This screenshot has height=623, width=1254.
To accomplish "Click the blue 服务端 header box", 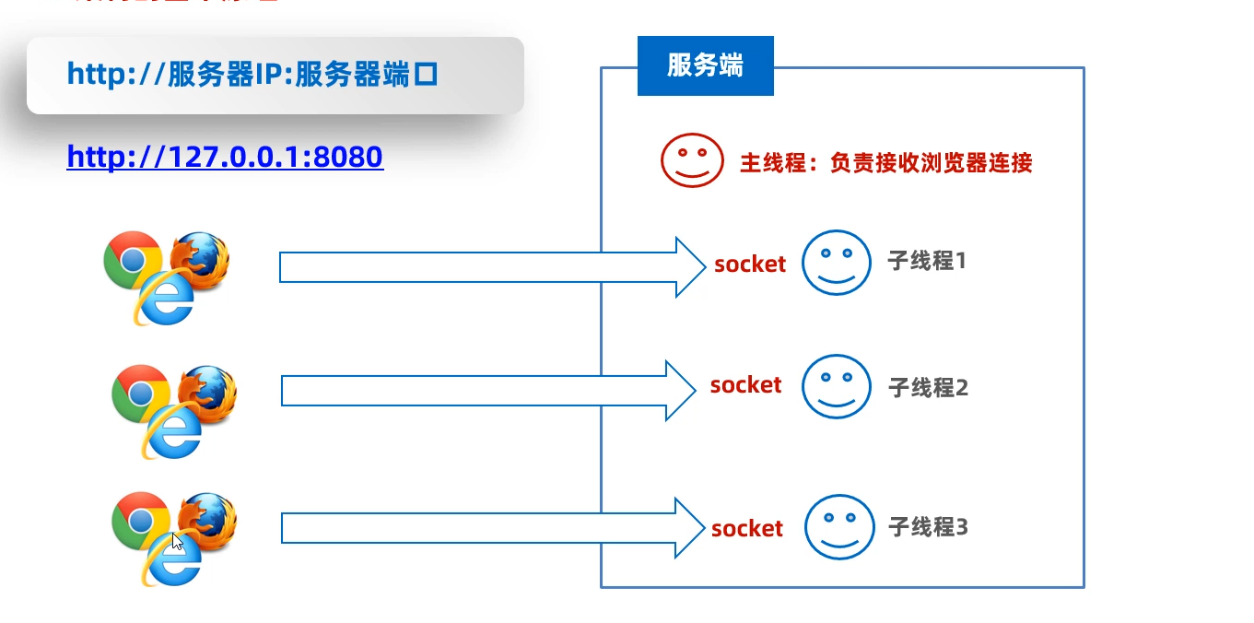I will pyautogui.click(x=705, y=66).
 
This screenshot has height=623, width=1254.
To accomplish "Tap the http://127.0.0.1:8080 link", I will pyautogui.click(x=225, y=157).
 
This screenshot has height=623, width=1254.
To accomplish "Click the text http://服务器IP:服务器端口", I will pyautogui.click(x=252, y=75).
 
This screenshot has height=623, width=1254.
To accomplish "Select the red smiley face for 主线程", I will pyautogui.click(x=692, y=161).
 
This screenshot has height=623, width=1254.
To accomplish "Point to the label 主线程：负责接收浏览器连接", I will pyautogui.click(x=885, y=163).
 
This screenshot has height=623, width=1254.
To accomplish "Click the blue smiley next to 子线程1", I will pyautogui.click(x=836, y=262).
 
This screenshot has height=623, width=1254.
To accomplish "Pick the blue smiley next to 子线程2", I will pyautogui.click(x=836, y=386).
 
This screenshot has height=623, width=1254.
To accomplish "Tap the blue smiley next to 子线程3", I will pyautogui.click(x=839, y=527).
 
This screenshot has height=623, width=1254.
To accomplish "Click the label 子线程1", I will pyautogui.click(x=927, y=261).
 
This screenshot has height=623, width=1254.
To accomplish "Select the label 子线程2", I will pyautogui.click(x=928, y=387).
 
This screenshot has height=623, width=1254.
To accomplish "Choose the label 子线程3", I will pyautogui.click(x=928, y=527).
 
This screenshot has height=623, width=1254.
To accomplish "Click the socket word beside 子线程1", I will pyautogui.click(x=750, y=264).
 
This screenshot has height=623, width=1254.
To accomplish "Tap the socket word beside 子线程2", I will pyautogui.click(x=745, y=384).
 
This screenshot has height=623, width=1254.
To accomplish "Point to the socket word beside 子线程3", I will pyautogui.click(x=746, y=528).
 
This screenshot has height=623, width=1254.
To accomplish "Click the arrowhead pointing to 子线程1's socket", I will pyautogui.click(x=689, y=267).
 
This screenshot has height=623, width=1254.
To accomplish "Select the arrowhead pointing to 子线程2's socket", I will pyautogui.click(x=679, y=391).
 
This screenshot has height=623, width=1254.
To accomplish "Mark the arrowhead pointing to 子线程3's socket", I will pyautogui.click(x=689, y=528).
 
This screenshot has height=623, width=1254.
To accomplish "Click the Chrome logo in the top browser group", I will pyautogui.click(x=133, y=259).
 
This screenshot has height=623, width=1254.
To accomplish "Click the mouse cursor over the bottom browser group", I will pyautogui.click(x=177, y=541).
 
